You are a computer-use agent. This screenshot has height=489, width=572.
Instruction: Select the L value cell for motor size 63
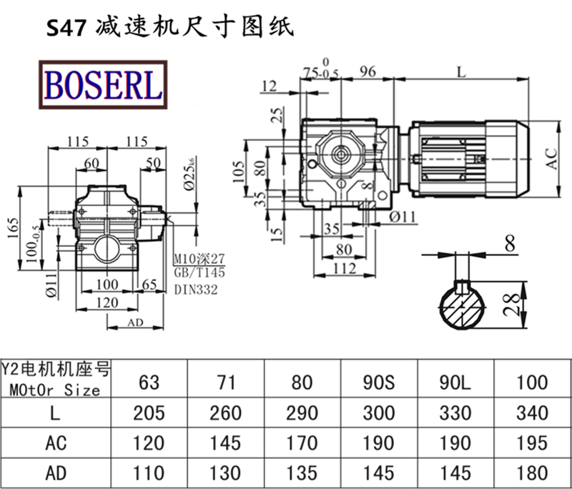point(149,413)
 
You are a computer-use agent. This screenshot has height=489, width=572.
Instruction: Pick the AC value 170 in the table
point(303,443)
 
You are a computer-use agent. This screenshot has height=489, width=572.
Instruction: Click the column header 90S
point(379,381)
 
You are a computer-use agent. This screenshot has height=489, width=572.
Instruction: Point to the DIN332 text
point(195,290)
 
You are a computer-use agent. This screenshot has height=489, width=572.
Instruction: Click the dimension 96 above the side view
point(368,71)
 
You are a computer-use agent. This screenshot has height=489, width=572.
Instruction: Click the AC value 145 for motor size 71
point(226,443)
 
